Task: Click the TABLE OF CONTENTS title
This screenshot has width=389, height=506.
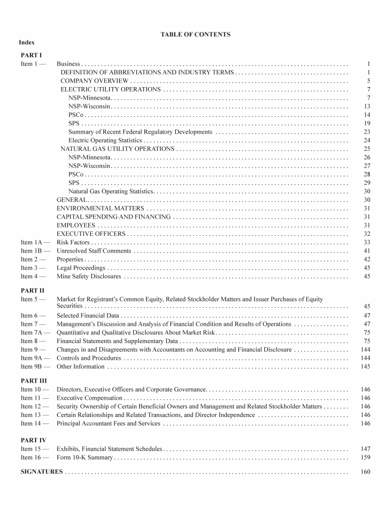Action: (196, 35)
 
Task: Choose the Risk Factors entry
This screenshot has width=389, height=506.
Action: (73, 243)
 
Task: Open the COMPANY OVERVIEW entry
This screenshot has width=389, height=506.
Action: (94, 81)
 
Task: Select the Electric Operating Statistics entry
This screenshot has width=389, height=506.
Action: (105, 140)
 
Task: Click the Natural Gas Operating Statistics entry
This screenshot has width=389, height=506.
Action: (111, 191)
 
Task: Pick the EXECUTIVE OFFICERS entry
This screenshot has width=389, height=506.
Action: (91, 234)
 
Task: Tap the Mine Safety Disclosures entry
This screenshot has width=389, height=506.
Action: (89, 277)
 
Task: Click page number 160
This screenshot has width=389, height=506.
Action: (366, 472)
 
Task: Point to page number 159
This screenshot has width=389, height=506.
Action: (366, 457)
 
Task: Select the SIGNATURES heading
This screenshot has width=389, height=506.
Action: (42, 472)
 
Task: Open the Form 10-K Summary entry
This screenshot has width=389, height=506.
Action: (85, 457)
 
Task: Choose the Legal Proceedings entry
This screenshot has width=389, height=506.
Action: (81, 268)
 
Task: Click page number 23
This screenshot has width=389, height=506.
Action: (367, 132)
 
